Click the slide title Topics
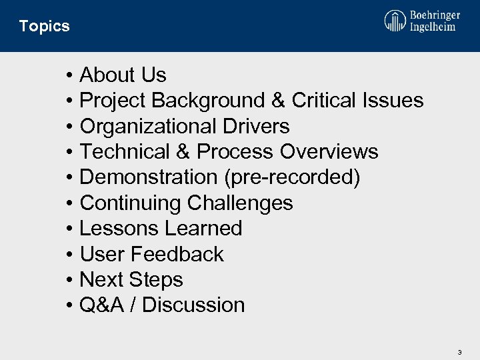click(44, 26)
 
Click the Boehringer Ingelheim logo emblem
click(395, 21)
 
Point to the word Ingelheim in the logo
click(433, 27)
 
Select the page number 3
click(459, 351)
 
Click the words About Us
click(123, 75)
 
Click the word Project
click(113, 101)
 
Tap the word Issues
click(393, 101)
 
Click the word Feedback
click(177, 254)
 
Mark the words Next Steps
click(131, 279)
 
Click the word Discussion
click(193, 305)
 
